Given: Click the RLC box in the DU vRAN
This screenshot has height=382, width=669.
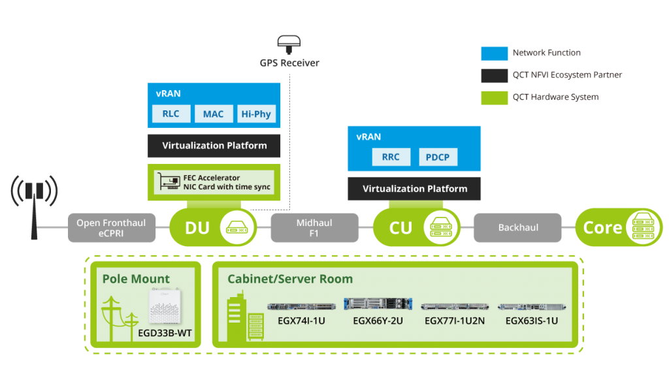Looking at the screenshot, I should point(171,114).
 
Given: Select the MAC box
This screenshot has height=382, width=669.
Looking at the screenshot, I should point(213,114).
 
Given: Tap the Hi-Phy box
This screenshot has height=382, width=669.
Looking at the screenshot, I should point(255,114).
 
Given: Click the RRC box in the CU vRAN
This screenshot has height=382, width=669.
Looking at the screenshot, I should point(391,157).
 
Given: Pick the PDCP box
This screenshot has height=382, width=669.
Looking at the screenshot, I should point(438,157).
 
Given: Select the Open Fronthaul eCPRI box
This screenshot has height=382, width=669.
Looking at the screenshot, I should point(111,227).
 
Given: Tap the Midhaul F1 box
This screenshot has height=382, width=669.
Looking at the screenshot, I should point(314,227).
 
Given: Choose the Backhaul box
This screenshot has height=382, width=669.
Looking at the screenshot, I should point(517,227).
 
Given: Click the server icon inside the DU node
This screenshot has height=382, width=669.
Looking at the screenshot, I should point(235,227).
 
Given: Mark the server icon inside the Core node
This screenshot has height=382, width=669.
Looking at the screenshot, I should point(641,227).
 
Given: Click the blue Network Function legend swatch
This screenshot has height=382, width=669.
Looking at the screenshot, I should point(494,54).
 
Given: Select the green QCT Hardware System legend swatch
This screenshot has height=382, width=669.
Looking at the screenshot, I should point(494,97).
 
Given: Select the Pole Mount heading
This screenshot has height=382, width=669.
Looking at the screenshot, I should point(136,279).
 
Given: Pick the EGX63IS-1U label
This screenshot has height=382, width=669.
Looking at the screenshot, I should point(531,321).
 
